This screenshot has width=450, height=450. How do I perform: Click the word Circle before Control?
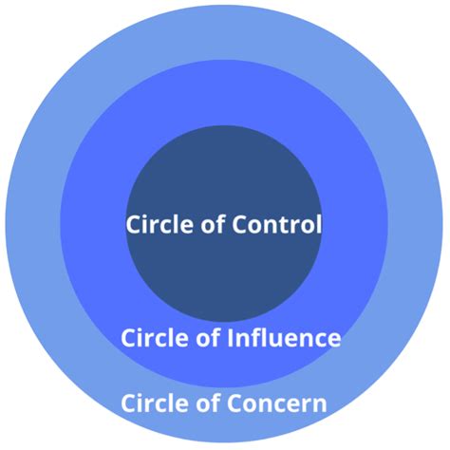tap(157, 226)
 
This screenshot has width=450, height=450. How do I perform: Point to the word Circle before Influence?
tap(152, 338)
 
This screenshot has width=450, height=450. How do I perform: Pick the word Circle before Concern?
tap(152, 403)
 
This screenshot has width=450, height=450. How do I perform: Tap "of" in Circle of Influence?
tap(206, 338)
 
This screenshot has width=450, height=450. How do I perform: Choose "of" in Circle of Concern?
tap(206, 403)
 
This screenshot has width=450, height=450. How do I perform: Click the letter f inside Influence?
tap(255, 337)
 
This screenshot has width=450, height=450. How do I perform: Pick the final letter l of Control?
tap(319, 225)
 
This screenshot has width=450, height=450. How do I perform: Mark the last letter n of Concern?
tap(321, 404)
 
